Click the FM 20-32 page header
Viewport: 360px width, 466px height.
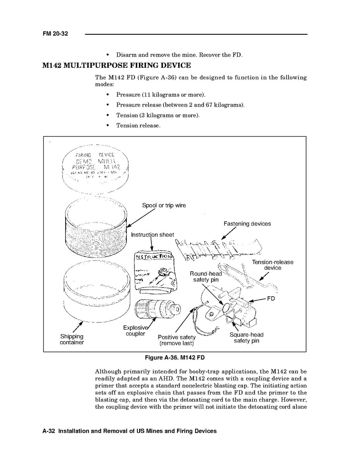[x=55, y=34]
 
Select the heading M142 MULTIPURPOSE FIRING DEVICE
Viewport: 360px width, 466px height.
[x=117, y=65]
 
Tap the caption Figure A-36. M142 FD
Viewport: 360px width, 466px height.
[x=174, y=358]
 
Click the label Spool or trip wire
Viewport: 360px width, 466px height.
[x=164, y=205]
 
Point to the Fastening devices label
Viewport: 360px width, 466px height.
[x=247, y=224]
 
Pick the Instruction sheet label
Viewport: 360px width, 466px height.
[x=152, y=235]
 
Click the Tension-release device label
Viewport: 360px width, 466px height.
[x=272, y=265]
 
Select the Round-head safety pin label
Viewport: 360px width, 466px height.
[x=206, y=277]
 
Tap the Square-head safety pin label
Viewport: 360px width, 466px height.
[x=247, y=338]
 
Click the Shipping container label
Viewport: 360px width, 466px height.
[x=72, y=339]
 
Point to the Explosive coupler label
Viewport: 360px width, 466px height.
[x=135, y=331]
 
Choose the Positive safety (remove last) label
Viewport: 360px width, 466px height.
[x=177, y=340]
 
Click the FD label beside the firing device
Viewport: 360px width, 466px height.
[x=271, y=299]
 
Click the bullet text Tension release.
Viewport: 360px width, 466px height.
[x=138, y=125]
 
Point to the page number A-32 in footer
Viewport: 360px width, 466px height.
[x=49, y=431]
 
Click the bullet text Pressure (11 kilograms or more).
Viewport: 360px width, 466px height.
[x=160, y=95]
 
